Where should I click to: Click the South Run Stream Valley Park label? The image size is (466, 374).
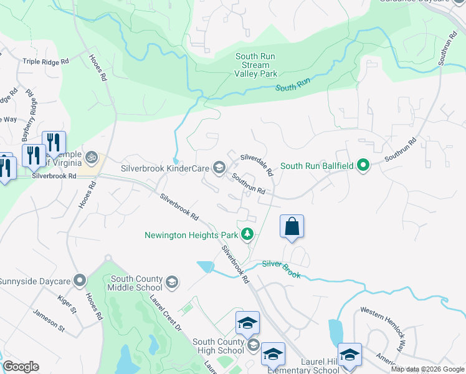coord(255,65)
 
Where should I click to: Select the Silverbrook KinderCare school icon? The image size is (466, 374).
coord(219,167)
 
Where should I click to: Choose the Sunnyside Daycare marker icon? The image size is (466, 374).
coord(79,281)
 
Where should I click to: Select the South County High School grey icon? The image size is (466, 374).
coord(253,345)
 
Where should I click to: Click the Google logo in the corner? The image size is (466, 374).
coord(21,367)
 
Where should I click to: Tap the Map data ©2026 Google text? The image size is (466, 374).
coord(427,369)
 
